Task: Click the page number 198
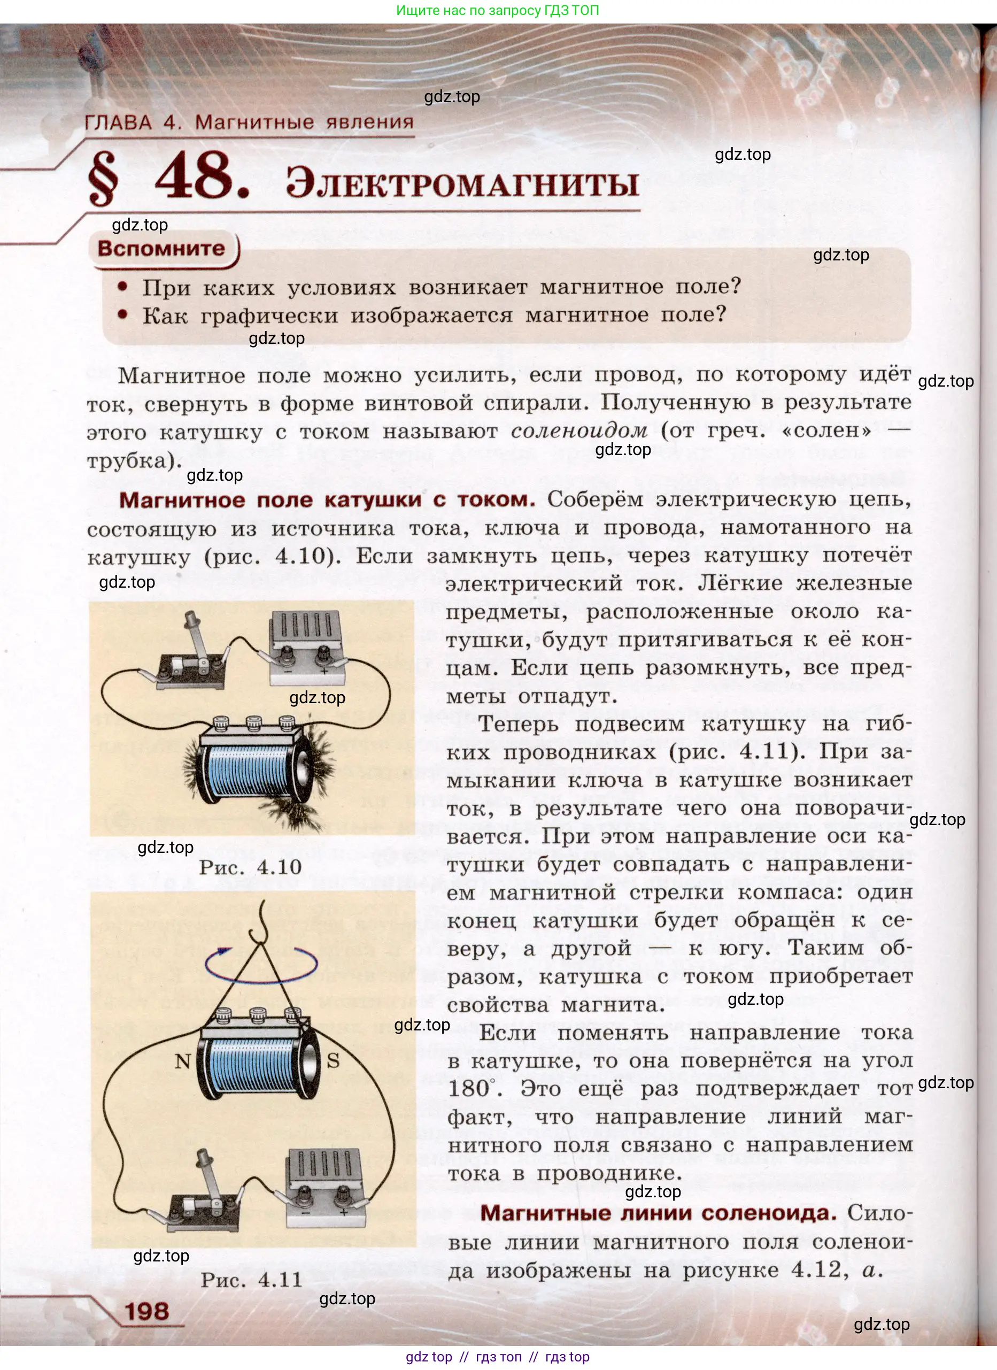tap(146, 1311)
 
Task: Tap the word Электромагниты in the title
tap(462, 183)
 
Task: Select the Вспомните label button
tap(161, 248)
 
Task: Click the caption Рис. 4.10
tap(250, 867)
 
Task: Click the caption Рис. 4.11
tap(251, 1280)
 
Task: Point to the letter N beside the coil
tap(182, 1061)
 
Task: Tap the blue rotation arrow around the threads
tap(261, 965)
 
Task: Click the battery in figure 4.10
tap(307, 648)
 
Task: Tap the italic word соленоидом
tap(578, 430)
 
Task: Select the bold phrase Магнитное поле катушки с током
tap(327, 499)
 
